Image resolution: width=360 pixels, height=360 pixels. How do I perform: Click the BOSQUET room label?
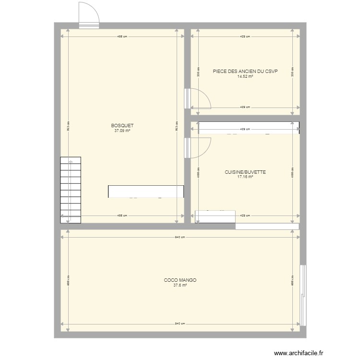tap(122, 126)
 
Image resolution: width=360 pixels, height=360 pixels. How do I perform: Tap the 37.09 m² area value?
tap(122, 131)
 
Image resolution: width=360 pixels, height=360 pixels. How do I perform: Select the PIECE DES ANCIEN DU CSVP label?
tap(245, 71)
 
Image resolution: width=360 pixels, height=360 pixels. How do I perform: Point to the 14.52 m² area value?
tap(245, 76)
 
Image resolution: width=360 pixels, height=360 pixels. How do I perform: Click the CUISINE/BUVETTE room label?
tap(245, 172)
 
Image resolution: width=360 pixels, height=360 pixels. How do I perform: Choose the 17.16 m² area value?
tap(245, 177)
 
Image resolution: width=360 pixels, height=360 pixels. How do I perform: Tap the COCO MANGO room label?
tap(180, 280)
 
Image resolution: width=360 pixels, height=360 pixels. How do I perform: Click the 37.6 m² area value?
tap(180, 285)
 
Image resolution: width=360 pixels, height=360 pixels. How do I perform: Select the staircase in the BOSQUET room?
tap(71, 191)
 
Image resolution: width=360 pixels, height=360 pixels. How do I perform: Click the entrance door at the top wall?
tap(89, 14)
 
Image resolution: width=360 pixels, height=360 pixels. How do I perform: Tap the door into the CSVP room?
tap(198, 98)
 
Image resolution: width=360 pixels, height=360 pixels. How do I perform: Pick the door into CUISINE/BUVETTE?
tap(198, 148)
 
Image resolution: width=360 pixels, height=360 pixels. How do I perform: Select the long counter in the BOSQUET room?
tap(146, 192)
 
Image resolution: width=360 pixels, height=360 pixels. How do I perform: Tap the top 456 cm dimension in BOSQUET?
tap(122, 36)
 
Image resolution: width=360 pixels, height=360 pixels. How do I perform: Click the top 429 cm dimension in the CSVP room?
tap(245, 36)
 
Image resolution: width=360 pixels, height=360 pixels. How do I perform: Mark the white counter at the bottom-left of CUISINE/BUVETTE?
tap(215, 216)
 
